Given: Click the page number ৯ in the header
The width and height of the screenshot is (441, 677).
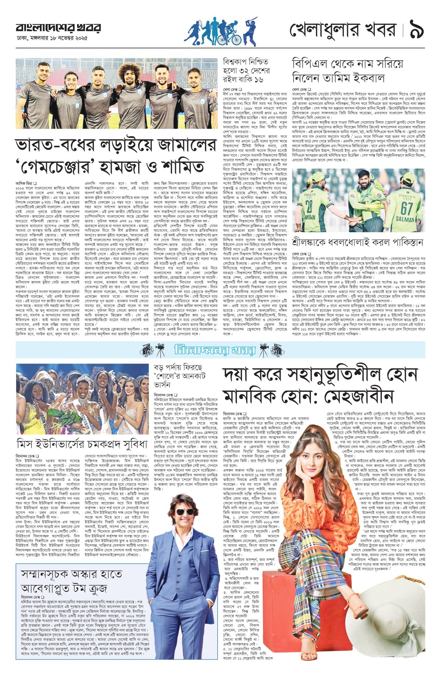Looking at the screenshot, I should pyautogui.click(x=416, y=31).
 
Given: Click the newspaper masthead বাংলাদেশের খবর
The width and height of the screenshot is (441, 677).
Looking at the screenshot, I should pyautogui.click(x=58, y=28).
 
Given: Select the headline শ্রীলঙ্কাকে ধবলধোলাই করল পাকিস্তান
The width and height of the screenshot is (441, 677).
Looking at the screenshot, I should pyautogui.click(x=358, y=243).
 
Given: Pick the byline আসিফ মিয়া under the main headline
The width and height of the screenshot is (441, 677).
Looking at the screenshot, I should pyautogui.click(x=25, y=182).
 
